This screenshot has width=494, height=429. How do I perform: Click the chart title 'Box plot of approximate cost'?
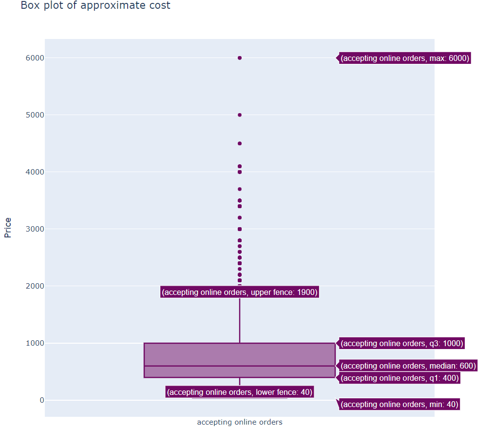click(95, 6)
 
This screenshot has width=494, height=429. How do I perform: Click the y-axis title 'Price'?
click(8, 228)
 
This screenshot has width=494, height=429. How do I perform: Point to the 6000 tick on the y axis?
click(35, 58)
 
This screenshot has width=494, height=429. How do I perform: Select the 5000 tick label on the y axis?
click(35, 115)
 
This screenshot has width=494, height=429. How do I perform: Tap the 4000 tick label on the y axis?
click(35, 172)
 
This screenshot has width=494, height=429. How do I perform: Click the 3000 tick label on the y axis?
click(35, 229)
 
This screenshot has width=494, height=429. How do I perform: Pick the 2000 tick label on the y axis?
click(35, 286)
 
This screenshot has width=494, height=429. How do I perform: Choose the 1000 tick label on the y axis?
click(35, 343)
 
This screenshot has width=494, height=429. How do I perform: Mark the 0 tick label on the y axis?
click(42, 400)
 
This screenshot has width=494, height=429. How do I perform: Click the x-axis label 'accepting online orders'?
click(240, 422)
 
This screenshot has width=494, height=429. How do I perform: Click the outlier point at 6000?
click(240, 58)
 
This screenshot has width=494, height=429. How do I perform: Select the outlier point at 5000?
click(240, 115)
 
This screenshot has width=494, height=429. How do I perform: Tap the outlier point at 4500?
click(240, 143)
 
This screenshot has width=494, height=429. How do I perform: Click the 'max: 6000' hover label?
click(404, 58)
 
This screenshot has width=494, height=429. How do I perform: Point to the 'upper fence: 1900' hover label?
click(240, 292)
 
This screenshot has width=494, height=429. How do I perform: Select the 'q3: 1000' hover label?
click(401, 343)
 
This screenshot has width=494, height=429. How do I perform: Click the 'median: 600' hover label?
click(408, 366)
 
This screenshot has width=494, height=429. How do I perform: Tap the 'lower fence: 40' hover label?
click(240, 392)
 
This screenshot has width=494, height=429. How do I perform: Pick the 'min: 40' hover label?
click(399, 404)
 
